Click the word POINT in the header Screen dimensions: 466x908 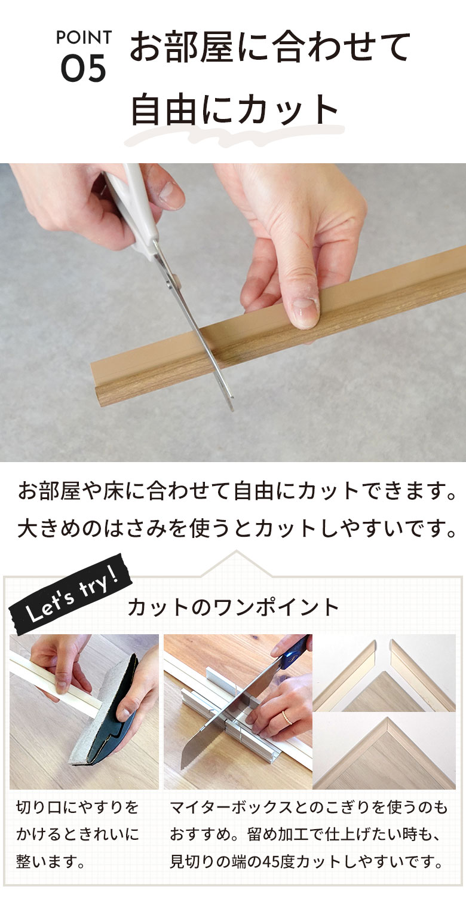(84, 38)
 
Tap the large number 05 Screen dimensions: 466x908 (84, 69)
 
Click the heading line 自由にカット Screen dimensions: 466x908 (235, 109)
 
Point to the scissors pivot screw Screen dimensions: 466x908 (175, 279)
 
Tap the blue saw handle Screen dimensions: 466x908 (296, 650)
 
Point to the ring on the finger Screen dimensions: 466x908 (287, 717)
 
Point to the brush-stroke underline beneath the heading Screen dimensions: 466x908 (234, 135)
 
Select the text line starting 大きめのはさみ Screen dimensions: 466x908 (237, 528)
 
